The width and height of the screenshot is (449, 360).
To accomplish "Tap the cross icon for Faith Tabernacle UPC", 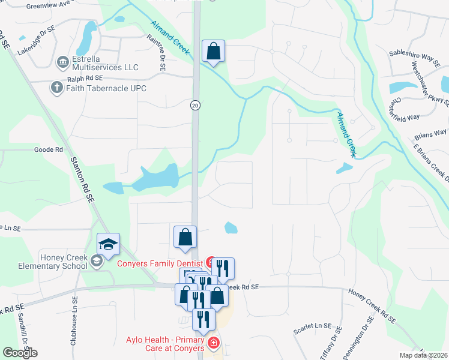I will click(57, 88).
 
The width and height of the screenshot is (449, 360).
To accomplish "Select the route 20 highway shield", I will click(195, 105).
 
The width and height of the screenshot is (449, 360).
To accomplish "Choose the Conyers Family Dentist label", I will click(159, 262).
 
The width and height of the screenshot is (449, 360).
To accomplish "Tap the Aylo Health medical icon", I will click(212, 343).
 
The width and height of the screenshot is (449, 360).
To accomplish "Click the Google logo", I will click(20, 353).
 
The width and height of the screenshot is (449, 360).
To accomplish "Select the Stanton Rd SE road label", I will click(83, 178).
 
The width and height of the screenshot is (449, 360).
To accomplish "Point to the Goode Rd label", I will click(49, 149).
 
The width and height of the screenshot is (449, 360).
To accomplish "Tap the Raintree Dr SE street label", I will click(162, 53).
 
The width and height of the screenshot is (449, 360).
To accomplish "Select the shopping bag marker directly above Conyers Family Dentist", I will click(185, 238).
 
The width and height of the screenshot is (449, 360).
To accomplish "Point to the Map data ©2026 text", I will click(424, 355).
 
